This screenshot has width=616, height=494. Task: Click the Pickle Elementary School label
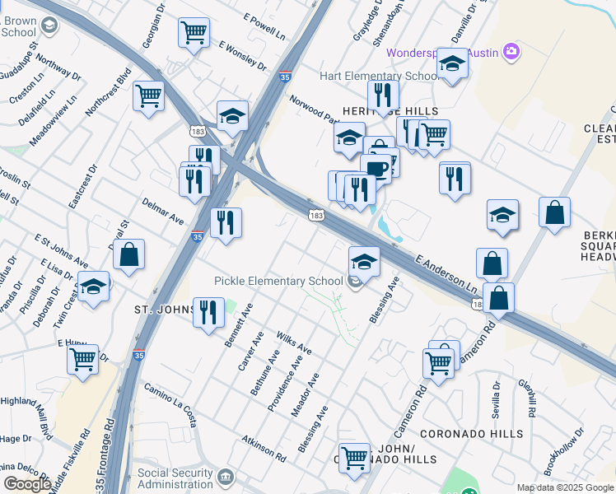click(x=278, y=281)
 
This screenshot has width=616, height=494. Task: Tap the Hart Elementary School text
click(x=378, y=77)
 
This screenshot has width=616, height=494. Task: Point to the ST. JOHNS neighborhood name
click(x=164, y=310)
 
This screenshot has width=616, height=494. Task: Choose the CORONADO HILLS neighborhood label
click(x=471, y=433)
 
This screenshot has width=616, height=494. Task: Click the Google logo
click(x=27, y=484)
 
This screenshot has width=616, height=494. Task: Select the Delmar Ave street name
click(x=162, y=210)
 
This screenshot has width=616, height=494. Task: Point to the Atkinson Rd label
click(x=264, y=448)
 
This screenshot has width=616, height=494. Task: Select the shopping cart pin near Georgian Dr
click(x=194, y=34)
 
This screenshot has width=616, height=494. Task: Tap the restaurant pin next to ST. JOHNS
click(x=208, y=312)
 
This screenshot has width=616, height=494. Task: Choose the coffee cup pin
click(x=376, y=170)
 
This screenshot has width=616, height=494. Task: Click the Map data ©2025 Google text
click(x=566, y=487)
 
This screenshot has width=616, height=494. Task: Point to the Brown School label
click(x=19, y=26)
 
